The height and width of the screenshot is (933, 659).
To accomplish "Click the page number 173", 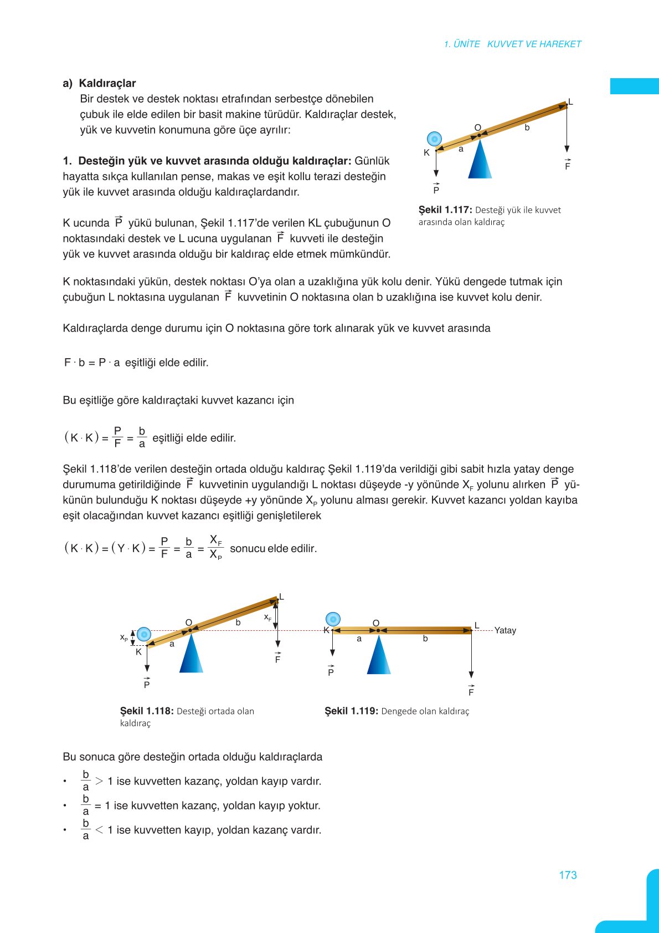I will tap(568, 875).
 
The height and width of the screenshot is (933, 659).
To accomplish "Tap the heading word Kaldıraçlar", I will tap(107, 83).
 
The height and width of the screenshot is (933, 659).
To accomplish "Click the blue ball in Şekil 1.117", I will tap(434, 139).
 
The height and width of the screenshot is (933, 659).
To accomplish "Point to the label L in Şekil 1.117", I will tap(570, 102).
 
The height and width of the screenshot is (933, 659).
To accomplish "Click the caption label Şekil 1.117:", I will tap(445, 210).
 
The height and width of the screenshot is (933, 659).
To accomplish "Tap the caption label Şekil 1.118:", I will tap(147, 711).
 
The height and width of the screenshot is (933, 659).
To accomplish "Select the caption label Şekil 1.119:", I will tap(351, 711).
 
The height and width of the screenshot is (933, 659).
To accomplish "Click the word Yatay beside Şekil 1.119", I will tap(505, 630).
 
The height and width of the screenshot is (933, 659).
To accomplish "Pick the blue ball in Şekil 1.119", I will tap(333, 619).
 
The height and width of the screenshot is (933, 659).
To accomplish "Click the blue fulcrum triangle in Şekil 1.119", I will tap(379, 657).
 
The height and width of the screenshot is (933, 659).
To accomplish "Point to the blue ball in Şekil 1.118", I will tap(144, 634).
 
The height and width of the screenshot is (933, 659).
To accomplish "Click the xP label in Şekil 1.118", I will tap(124, 638).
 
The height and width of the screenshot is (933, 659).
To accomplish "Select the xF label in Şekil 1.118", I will tap(267, 617).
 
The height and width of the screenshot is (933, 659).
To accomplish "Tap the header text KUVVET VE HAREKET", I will tap(534, 44).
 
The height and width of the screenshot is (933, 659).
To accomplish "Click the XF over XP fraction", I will tap(216, 547).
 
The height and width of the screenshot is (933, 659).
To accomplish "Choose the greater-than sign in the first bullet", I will tap(99, 781).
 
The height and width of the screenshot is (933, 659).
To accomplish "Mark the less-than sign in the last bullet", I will tap(99, 830).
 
